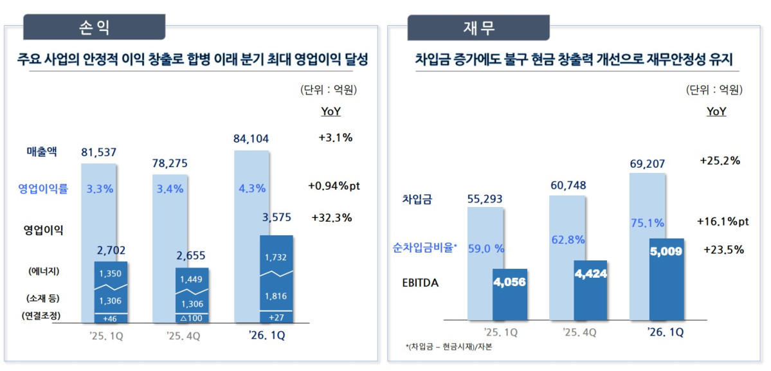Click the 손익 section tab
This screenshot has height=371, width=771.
click(x=94, y=28)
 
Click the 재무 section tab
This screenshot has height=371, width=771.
click(x=478, y=28)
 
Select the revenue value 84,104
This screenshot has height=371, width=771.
click(x=251, y=138)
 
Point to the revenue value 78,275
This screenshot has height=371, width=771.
click(x=170, y=163)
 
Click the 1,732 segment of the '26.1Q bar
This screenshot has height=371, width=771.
click(x=276, y=257)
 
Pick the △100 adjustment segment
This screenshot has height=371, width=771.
click(x=191, y=318)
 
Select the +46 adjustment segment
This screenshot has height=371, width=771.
click(x=111, y=318)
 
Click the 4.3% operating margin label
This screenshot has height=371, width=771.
click(x=251, y=189)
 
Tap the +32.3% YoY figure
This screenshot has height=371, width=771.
click(x=331, y=217)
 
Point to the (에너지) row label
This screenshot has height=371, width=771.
click(x=44, y=271)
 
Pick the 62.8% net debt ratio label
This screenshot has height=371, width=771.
click(x=568, y=240)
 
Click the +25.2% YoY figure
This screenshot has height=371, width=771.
click(x=720, y=161)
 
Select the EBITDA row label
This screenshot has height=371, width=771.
click(x=421, y=282)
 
